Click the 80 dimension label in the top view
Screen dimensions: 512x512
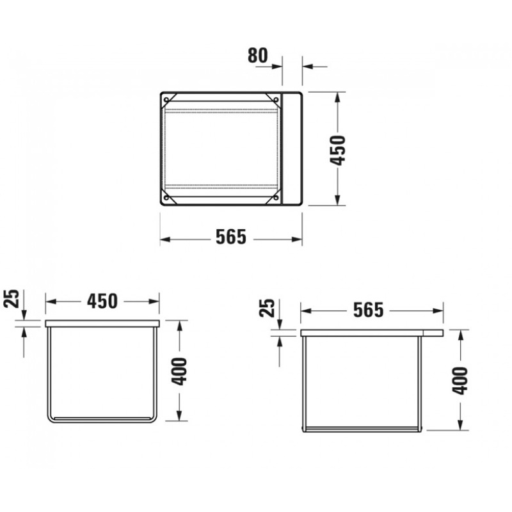point(258,56)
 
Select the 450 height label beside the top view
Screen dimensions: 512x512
point(338,150)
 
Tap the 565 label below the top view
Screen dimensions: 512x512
point(231,237)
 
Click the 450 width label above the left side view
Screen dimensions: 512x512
point(102,301)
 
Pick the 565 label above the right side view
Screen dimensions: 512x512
point(369,310)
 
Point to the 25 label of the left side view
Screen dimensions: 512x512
point(12,298)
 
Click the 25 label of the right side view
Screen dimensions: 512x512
point(267,308)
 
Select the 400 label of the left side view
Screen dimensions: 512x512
point(179,372)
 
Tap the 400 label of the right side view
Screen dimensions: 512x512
point(460,381)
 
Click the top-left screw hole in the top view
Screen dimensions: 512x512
point(166,100)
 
